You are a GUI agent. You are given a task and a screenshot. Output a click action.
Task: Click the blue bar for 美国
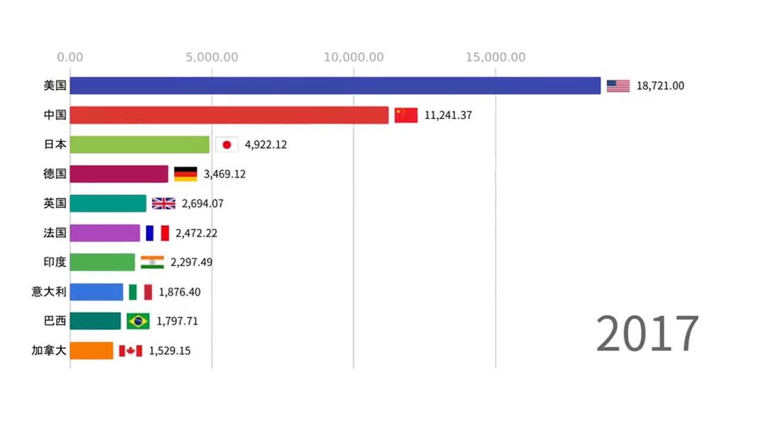(x=335, y=86)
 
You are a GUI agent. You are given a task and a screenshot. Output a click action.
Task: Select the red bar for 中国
(x=229, y=115)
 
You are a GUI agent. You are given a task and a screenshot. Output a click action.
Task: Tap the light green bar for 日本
(x=140, y=144)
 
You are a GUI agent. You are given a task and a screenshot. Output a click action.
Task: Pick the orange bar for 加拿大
(x=91, y=351)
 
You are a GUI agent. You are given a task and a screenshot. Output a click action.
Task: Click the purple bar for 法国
(x=104, y=233)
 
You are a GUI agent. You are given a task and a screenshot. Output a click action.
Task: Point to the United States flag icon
(x=618, y=86)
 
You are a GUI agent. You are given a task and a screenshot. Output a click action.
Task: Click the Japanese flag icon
(x=226, y=144)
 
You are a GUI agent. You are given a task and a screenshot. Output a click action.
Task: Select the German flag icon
(x=185, y=174)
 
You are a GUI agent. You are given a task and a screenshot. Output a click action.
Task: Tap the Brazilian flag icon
(x=138, y=321)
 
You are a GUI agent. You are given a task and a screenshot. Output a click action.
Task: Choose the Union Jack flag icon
(x=164, y=203)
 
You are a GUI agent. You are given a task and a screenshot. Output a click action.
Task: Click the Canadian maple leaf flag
(x=131, y=351)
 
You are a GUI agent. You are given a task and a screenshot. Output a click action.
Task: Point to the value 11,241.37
(x=448, y=115)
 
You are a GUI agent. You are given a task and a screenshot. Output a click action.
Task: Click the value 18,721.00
(x=660, y=86)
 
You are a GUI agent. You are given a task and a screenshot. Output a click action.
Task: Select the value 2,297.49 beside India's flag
(x=191, y=262)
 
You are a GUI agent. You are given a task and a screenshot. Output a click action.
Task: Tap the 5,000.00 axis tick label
(x=212, y=57)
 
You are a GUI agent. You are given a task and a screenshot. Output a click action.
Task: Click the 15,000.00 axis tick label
(x=496, y=57)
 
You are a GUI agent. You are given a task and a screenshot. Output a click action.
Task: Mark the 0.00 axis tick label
(x=70, y=57)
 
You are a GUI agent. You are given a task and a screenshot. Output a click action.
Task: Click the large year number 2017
(x=647, y=333)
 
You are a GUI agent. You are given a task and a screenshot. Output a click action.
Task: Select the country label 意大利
(x=49, y=292)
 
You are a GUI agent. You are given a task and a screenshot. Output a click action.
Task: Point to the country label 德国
(x=55, y=174)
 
